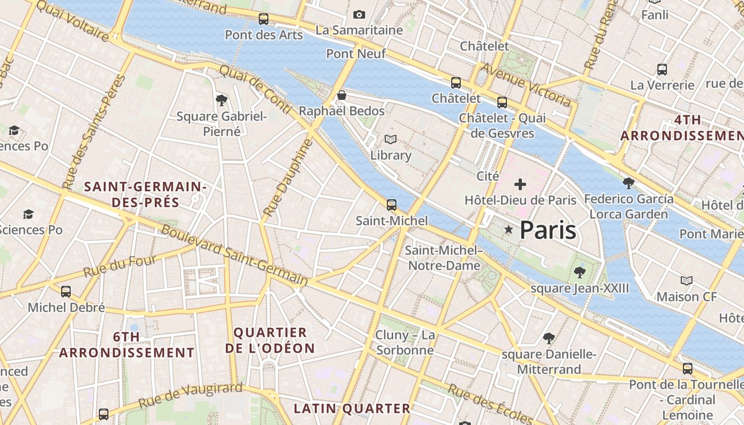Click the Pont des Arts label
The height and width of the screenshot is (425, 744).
pos(264,35)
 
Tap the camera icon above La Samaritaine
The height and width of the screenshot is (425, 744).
pos(359,14)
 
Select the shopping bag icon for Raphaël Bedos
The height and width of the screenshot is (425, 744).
pos(342,95)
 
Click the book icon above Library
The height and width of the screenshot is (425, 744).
pos(391,139)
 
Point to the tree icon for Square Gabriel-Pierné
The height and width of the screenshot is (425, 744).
pos(222,100)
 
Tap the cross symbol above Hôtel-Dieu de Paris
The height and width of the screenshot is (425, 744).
pos(520,184)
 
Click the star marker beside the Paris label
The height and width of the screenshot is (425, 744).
pos(509,229)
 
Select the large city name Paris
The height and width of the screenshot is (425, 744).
pos(547,230)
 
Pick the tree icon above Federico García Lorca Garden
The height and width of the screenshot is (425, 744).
pos(629,183)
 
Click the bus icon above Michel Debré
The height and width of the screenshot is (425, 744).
pos(66,291)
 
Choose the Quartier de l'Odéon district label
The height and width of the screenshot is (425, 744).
pos(270,341)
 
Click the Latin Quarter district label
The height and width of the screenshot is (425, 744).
pos(352,409)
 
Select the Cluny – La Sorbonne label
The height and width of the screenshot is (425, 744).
pos(405,343)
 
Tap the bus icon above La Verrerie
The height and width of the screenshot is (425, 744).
pos(662,69)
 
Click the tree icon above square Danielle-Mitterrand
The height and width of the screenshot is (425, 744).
pos(549,338)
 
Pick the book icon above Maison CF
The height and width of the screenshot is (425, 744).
pos(687,280)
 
